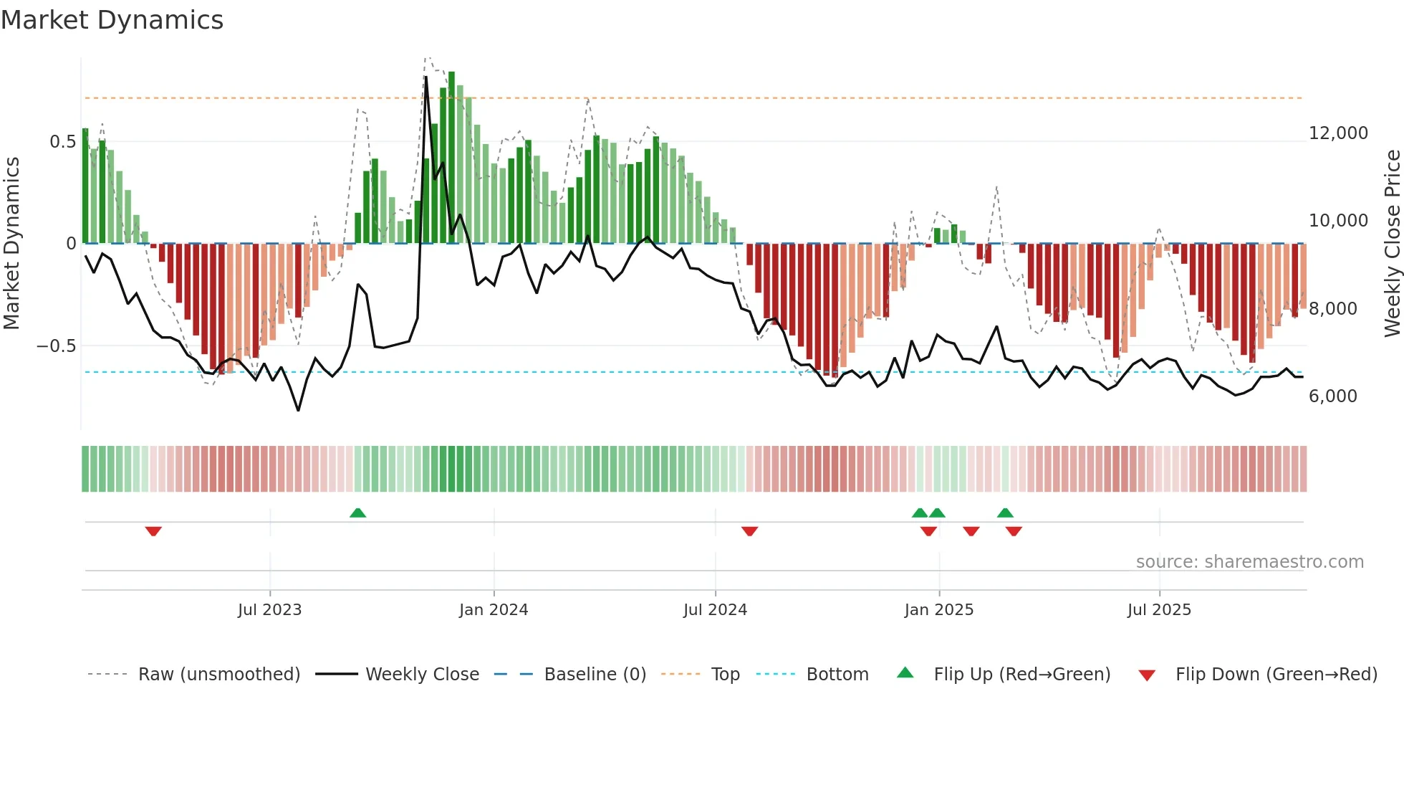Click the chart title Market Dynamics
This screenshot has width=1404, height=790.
112,20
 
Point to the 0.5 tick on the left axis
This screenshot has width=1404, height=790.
62,142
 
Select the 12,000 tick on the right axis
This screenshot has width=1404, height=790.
1337,133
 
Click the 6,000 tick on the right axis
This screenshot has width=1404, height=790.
1332,396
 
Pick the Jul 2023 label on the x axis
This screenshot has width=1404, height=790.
269,610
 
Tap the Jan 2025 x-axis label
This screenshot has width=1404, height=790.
938,610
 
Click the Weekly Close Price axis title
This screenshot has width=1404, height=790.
1392,243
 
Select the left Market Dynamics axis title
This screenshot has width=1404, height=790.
11,243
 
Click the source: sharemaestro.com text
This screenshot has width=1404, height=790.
1249,562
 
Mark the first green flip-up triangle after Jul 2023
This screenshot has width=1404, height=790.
357,513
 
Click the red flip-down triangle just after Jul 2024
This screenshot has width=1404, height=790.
749,531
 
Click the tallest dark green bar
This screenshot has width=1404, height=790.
451,158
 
